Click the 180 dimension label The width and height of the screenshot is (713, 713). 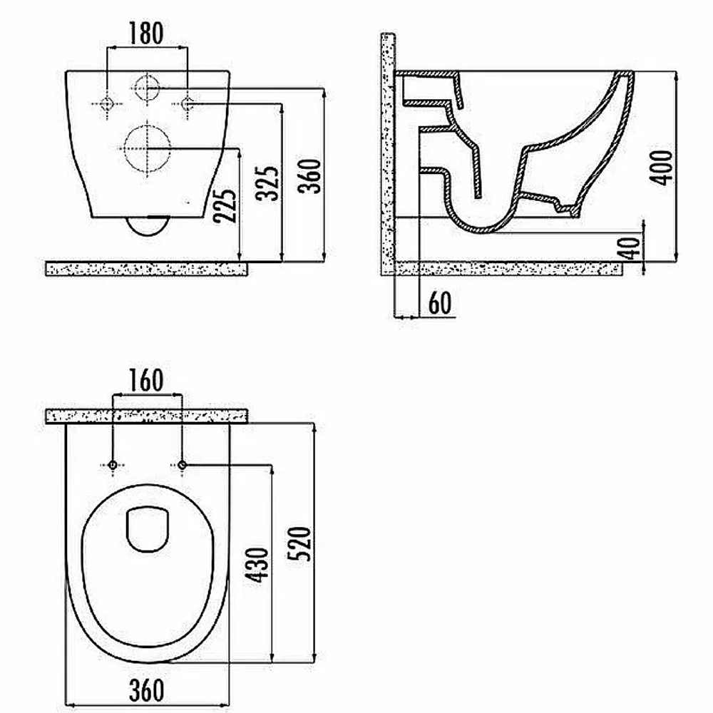coord(146,34)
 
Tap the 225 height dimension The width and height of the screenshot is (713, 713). coord(226,205)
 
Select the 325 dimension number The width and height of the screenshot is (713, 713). coord(267,183)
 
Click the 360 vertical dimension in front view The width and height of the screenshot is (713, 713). coord(310,176)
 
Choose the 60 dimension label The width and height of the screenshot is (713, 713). coord(440,303)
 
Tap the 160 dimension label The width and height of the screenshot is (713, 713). coord(146,380)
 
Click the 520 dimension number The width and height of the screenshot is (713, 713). coord(299,544)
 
